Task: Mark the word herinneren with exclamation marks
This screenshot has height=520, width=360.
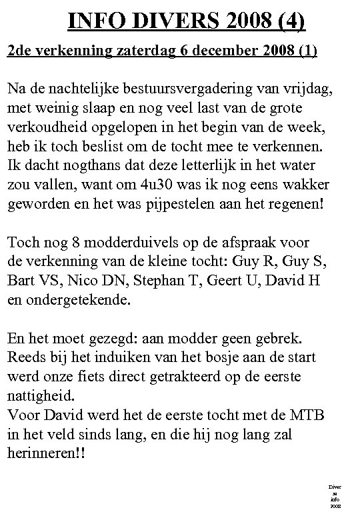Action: [x=47, y=452]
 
